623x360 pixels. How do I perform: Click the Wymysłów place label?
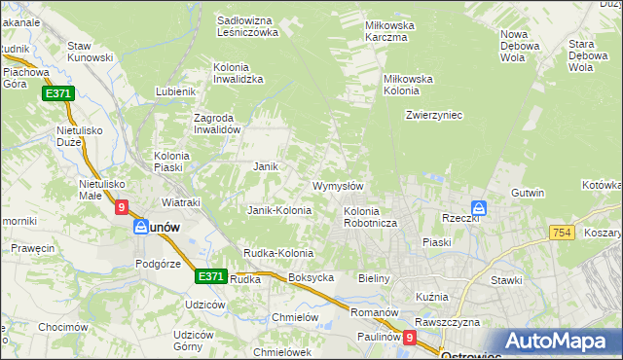[338, 186]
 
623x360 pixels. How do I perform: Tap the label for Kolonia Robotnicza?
[367, 217]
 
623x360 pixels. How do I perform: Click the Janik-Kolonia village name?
[279, 210]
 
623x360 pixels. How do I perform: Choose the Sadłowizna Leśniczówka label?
[248, 26]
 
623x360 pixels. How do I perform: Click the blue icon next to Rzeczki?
[479, 208]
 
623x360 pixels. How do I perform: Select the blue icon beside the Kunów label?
[141, 226]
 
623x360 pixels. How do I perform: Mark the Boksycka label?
[311, 278]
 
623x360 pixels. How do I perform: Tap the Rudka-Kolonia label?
[278, 254]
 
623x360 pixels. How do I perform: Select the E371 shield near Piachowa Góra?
[56, 93]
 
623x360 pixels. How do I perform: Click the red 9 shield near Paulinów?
[410, 338]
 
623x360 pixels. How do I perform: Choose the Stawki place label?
[506, 280]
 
